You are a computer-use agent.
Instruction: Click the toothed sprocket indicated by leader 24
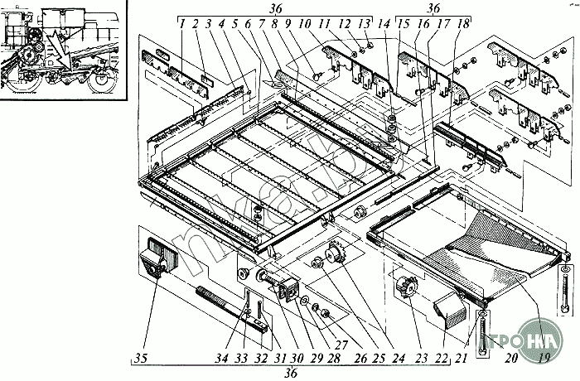(x=336, y=252)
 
